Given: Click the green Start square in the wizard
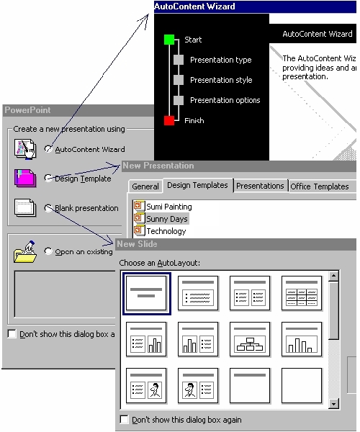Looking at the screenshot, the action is pos(169,40).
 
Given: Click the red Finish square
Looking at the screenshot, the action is pos(169,120).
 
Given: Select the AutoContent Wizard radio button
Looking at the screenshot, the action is pos(48,149).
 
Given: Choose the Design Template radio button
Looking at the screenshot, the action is pos(48,178).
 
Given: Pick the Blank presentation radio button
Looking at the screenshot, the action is pos(48,208).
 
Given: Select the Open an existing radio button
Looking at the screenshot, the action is pos(48,251).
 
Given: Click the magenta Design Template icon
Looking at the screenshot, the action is pos(25,178).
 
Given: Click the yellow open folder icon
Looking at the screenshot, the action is pos(25,252).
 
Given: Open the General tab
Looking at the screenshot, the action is pos(145,186).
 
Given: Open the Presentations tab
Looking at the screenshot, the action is pos(260,186).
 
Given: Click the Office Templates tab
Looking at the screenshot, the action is pos(320,186).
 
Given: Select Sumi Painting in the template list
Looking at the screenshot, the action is pos(163,207).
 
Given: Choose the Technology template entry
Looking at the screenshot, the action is pos(160,231).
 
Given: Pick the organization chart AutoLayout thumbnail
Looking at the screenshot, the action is pos(250,339).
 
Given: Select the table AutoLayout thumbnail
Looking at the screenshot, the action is pos(302,293).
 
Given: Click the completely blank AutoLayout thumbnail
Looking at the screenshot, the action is pos(302,385).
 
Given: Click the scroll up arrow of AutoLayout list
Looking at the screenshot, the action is pos(333,276).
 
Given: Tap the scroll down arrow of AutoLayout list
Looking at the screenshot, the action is pos(333,404).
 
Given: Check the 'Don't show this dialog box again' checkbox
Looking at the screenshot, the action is pos(125,419).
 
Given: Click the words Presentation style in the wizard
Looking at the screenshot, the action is pos(221,80).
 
